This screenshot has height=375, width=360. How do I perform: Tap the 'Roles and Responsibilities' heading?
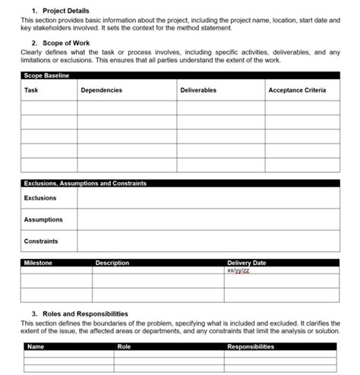(80, 314)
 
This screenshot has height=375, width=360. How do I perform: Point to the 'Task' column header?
(31, 90)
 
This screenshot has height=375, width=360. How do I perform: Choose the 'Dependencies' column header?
(101, 90)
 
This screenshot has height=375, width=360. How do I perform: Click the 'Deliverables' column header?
(198, 90)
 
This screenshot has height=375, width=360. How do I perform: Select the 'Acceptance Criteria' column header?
(297, 90)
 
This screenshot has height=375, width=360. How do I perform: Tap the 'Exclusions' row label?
(40, 198)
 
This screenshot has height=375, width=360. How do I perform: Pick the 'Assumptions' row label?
(43, 220)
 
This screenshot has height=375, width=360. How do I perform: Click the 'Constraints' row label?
(41, 241)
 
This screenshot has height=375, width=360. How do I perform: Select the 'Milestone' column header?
(38, 263)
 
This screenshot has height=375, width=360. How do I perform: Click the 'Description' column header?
(112, 263)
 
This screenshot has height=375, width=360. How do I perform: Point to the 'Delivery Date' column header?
(247, 263)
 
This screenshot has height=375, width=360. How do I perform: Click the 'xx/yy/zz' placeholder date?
(238, 270)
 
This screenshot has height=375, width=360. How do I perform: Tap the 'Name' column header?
(36, 347)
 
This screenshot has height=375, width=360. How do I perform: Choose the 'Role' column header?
(125, 347)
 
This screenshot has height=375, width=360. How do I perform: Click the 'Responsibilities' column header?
(251, 347)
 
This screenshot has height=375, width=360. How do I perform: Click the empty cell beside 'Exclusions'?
(208, 198)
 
